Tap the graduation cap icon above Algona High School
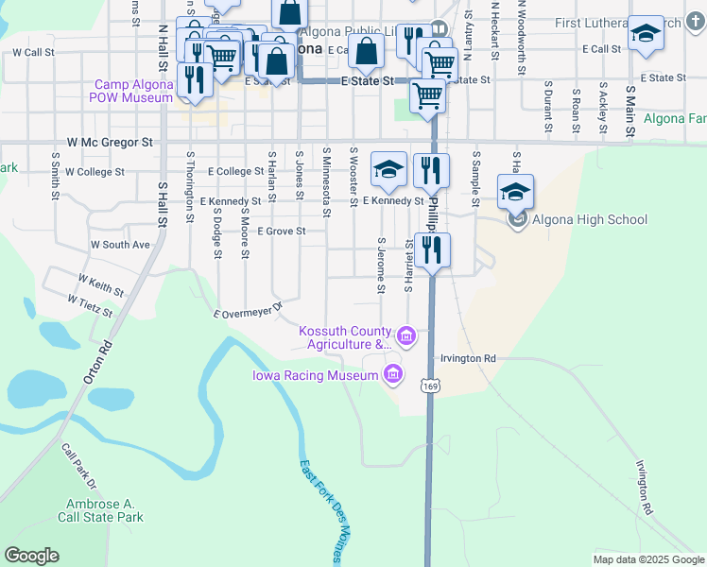coord(515,192)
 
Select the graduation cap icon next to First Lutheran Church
coord(646,33)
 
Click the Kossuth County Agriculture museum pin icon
coord(406,335)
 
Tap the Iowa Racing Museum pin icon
coord(393,376)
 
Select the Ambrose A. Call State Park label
coord(105,511)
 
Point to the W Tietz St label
coord(90,304)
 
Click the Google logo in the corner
coord(31,556)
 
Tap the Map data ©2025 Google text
coord(648,559)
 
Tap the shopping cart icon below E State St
coord(428,94)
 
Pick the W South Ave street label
coord(120,245)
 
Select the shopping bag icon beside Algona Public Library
coord(366,51)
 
